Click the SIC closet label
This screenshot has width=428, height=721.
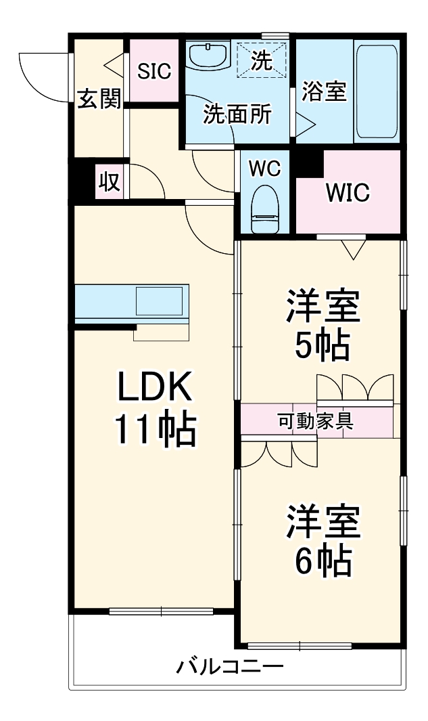click(x=154, y=71)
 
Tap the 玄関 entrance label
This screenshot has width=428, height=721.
click(x=99, y=98)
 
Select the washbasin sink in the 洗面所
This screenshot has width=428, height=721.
click(x=208, y=55)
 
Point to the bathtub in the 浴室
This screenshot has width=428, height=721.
click(x=376, y=91)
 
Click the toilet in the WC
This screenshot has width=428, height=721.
click(x=265, y=209)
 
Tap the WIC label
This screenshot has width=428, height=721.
click(x=348, y=192)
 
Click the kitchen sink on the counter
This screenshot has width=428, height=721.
click(x=160, y=301)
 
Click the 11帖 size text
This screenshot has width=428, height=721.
click(x=155, y=429)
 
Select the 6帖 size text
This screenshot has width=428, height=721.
click(x=323, y=561)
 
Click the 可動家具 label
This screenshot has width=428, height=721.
click(x=316, y=420)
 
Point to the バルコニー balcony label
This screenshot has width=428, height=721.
click(x=229, y=665)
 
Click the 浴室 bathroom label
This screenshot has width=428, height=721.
click(x=324, y=91)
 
